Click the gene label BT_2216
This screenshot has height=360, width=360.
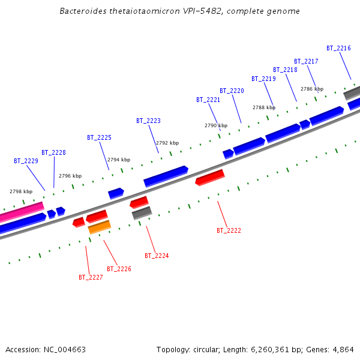pyautogui.click(x=338, y=48)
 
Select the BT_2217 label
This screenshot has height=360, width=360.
pyautogui.click(x=306, y=61)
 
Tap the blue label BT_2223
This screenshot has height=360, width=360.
pyautogui.click(x=148, y=121)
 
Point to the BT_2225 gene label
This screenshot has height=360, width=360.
pyautogui.click(x=99, y=137)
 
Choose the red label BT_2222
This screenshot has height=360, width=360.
pyautogui.click(x=229, y=230)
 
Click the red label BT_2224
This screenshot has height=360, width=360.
pyautogui.click(x=157, y=256)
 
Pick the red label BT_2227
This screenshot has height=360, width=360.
pyautogui.click(x=91, y=277)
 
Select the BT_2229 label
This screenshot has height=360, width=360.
pyautogui.click(x=26, y=161)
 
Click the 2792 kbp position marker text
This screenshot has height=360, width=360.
pyautogui.click(x=167, y=143)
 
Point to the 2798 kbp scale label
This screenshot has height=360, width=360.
pyautogui.click(x=21, y=191)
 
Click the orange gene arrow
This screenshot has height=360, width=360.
pyautogui.click(x=99, y=227)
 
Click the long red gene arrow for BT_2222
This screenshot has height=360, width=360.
pyautogui.click(x=209, y=178)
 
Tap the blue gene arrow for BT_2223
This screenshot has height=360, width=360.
pyautogui.click(x=166, y=176)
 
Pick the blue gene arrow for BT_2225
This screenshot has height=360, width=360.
pyautogui.click(x=116, y=193)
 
